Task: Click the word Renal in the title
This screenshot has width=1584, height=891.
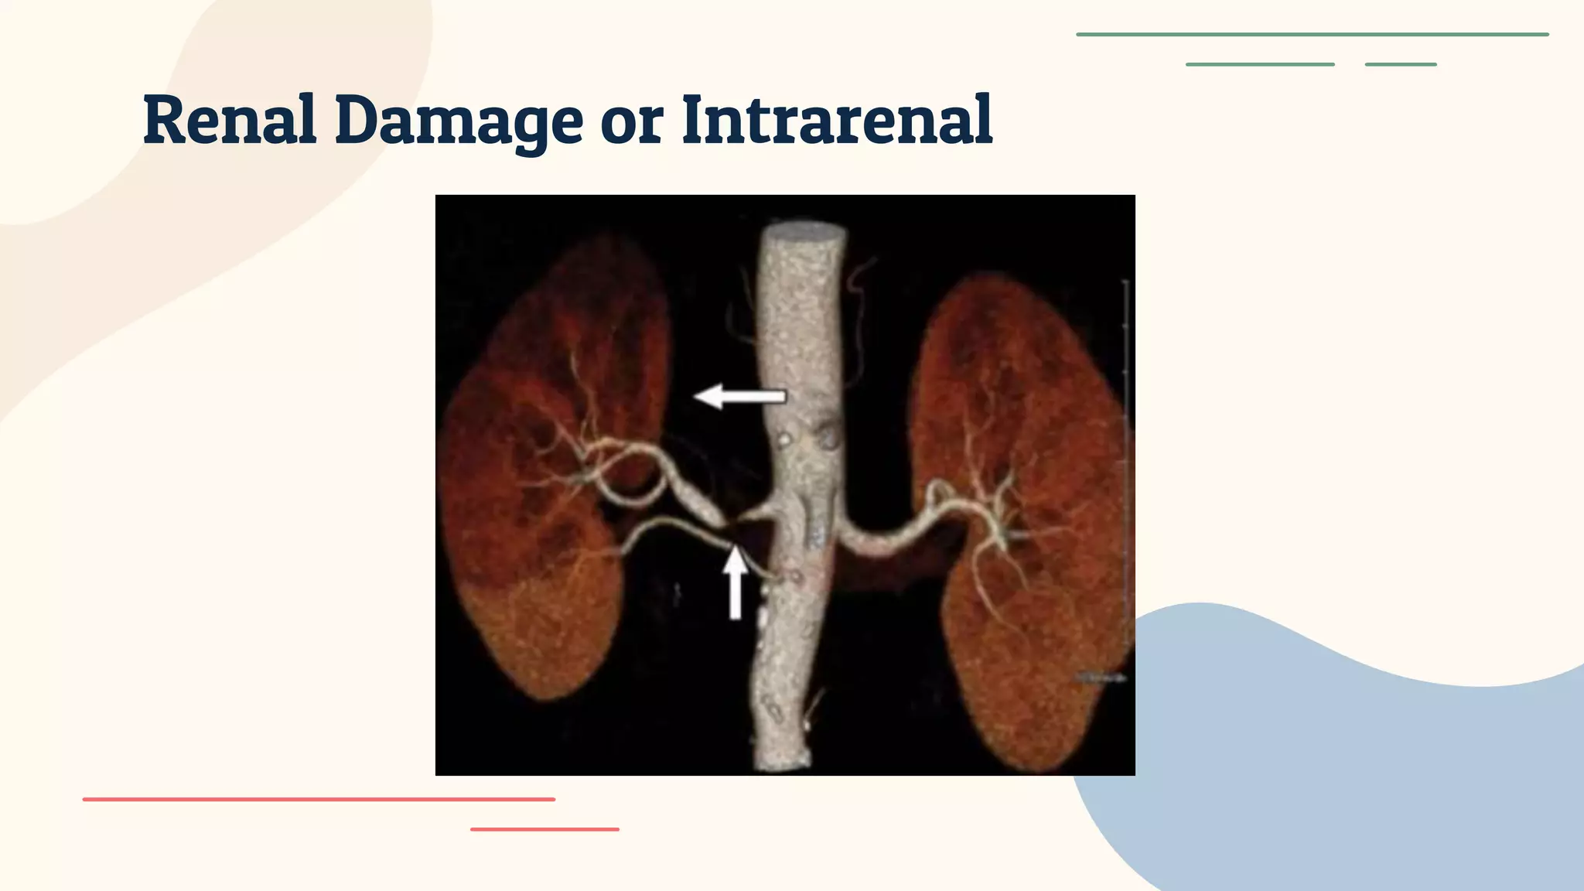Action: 230,120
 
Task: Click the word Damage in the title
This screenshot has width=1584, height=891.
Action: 458,120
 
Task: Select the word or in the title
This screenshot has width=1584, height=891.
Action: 631,124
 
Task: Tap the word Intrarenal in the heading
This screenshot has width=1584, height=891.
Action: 837,120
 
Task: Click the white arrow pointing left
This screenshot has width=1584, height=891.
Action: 739,397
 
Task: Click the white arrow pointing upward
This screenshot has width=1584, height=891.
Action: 735,582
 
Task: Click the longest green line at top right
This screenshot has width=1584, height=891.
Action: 1312,35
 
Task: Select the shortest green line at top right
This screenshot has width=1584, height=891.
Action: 1401,64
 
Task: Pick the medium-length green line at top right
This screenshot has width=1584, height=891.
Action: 1260,64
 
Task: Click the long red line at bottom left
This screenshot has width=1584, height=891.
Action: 319,799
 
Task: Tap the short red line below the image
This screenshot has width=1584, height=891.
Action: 544,829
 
